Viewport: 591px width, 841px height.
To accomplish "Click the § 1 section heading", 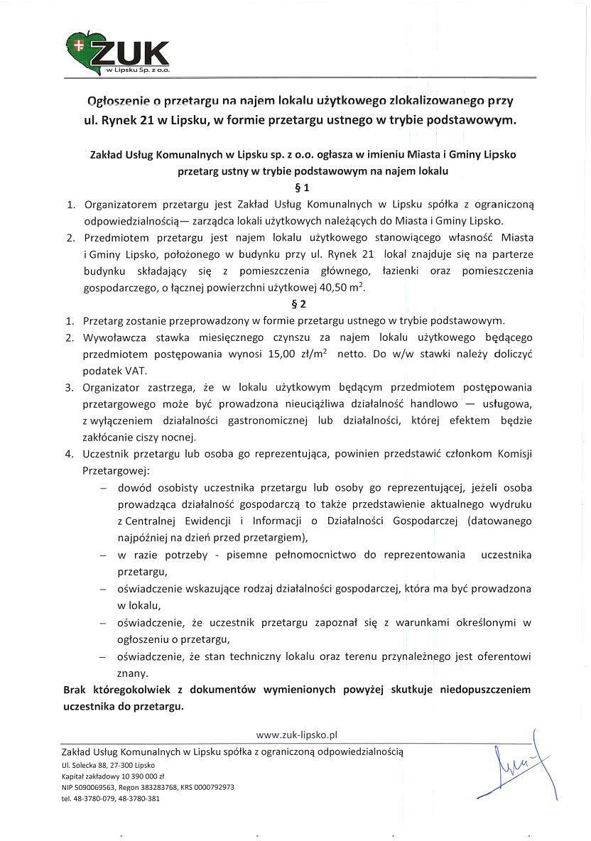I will click(301, 189).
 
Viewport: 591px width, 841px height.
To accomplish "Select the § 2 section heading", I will click(301, 304).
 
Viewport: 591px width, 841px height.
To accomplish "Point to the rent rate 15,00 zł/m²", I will click(298, 354).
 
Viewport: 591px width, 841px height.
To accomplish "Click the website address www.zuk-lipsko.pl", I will click(296, 734).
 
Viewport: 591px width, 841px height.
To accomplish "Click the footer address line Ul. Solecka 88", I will click(108, 766).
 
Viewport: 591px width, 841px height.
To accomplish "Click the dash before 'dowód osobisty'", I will click(104, 488).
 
